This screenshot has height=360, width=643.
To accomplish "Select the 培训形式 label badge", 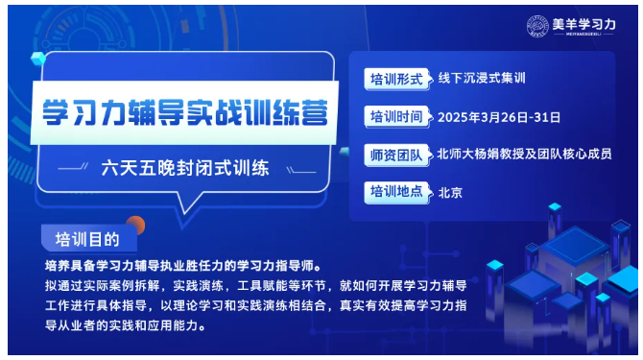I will (397, 80).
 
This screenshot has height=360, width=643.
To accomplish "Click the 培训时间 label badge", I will (397, 117).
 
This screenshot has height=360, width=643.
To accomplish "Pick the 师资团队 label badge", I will (397, 154).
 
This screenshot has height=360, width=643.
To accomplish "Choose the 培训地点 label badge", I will (397, 191).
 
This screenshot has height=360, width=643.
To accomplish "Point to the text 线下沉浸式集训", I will (485, 80).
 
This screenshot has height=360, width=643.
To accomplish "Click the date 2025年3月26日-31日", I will (499, 117).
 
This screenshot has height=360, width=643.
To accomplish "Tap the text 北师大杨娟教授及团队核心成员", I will (524, 154).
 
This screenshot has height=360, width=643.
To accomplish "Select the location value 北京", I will (450, 191).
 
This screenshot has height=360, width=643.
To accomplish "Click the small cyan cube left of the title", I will (39, 60).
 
